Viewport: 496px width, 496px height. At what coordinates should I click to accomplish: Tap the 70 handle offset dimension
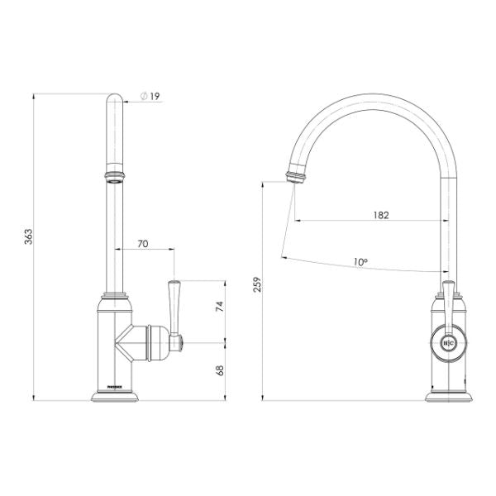point(143,244)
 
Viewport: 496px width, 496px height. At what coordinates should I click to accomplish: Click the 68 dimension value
point(219,370)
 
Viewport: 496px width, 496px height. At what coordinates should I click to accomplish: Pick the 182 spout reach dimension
point(380,214)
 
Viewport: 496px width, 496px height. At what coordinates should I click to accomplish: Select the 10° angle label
point(360,261)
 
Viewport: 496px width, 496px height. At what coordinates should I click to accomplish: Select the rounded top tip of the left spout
point(115,100)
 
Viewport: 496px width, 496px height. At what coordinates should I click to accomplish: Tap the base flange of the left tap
point(115,398)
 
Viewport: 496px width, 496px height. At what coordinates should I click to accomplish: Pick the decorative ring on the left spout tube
point(115,175)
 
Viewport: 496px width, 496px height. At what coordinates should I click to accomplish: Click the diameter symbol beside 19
point(144,97)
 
